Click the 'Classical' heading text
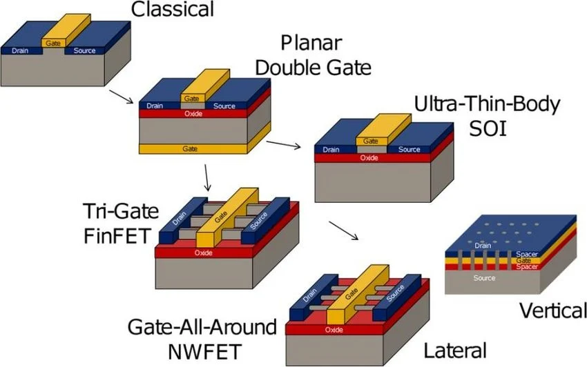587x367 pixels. point(173,9)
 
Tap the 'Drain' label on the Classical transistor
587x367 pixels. point(19,50)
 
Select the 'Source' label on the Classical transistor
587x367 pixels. point(85,50)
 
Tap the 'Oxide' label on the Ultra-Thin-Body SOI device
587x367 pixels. point(369,158)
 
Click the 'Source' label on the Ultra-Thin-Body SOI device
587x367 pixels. point(409,149)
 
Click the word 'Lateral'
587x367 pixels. point(455,350)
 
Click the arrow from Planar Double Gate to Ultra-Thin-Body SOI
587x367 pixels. point(283,143)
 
